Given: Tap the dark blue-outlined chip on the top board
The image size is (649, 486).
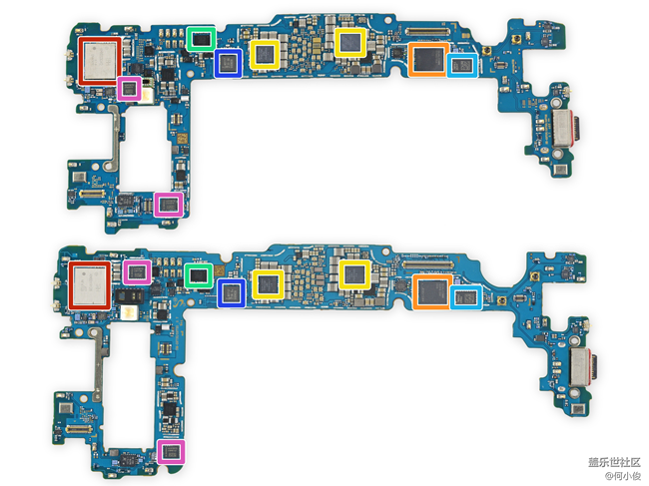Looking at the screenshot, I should tap(229, 65).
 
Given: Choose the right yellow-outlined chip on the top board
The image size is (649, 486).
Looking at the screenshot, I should tap(350, 42).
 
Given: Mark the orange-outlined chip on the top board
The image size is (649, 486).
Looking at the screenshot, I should tap(428, 59).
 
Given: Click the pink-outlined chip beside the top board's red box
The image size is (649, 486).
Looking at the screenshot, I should tap(130, 88).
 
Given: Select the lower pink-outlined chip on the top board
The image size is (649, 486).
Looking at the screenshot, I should tap(169, 206).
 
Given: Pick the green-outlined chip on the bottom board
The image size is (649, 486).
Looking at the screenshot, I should tap(198, 274).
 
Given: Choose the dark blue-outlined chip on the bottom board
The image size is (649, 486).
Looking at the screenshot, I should tap(233, 292).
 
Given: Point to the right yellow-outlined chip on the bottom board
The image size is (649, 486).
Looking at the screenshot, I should tap(353, 273).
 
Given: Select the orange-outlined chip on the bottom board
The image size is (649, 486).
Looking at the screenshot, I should tap(430, 291).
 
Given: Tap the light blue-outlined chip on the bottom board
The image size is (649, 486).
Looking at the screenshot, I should tap(465, 295).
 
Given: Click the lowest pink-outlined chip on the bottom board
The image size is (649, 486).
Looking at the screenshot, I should tap(172, 452).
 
